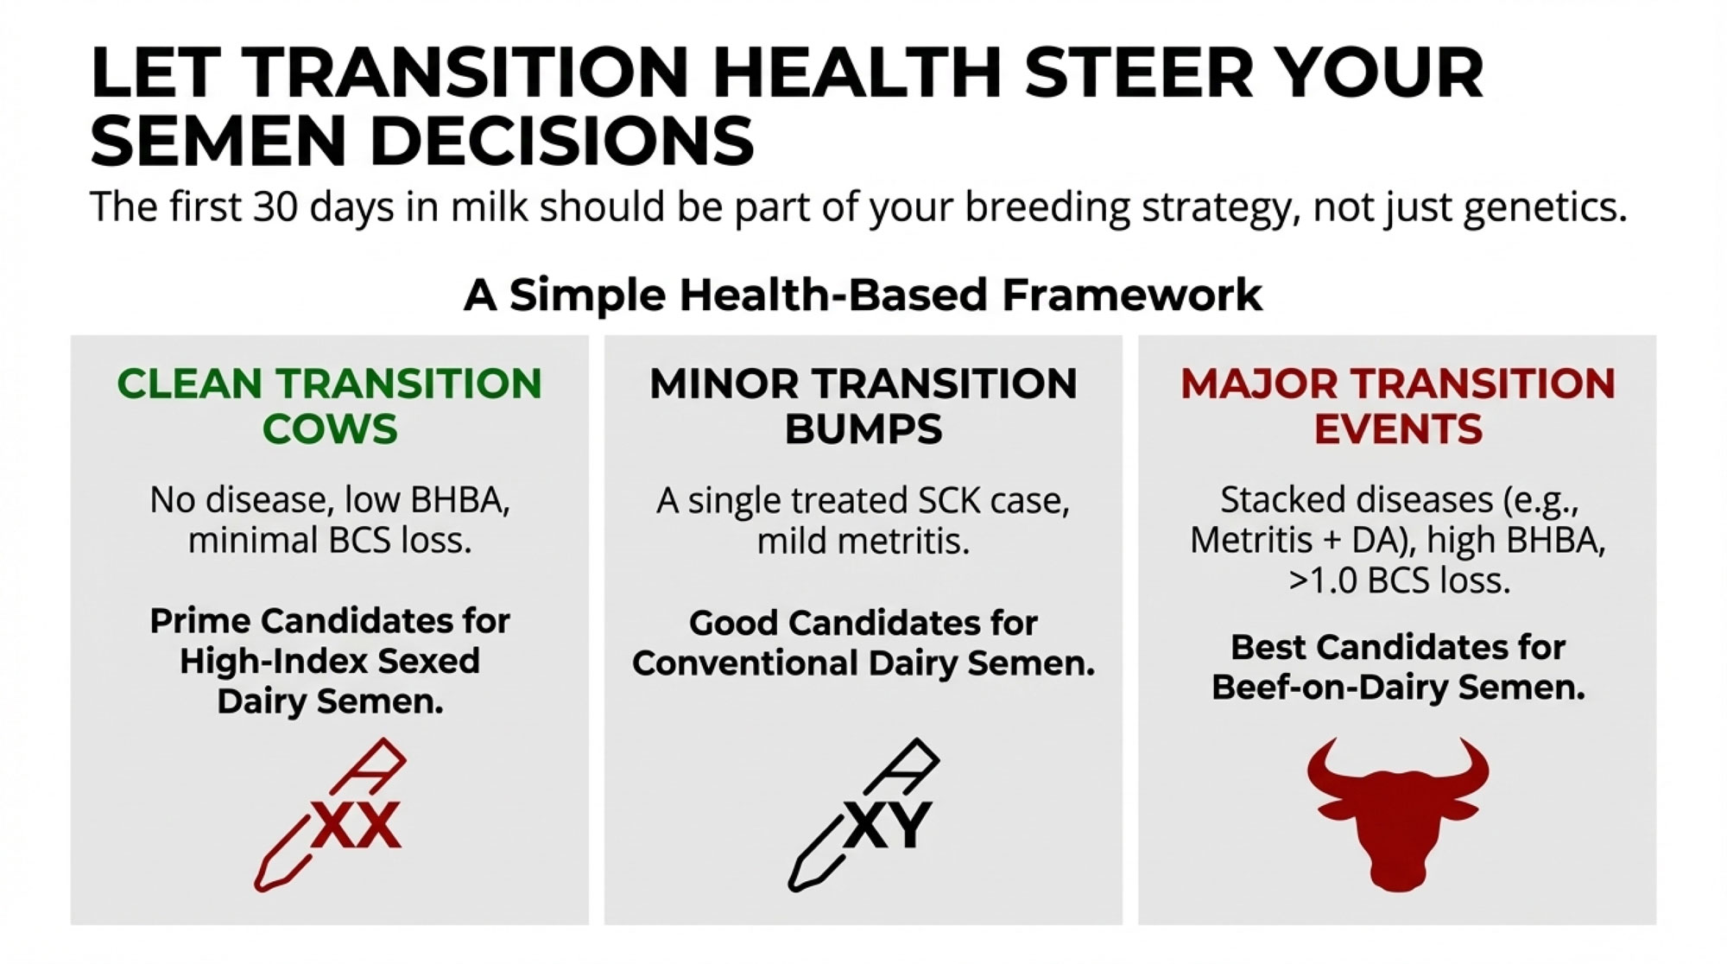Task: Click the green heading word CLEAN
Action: [x=189, y=384]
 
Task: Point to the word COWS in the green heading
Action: [x=330, y=429]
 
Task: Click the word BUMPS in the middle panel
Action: [x=863, y=429]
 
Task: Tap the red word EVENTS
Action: [x=1398, y=429]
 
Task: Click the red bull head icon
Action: [x=1398, y=813]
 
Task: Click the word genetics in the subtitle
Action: [x=1545, y=208]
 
